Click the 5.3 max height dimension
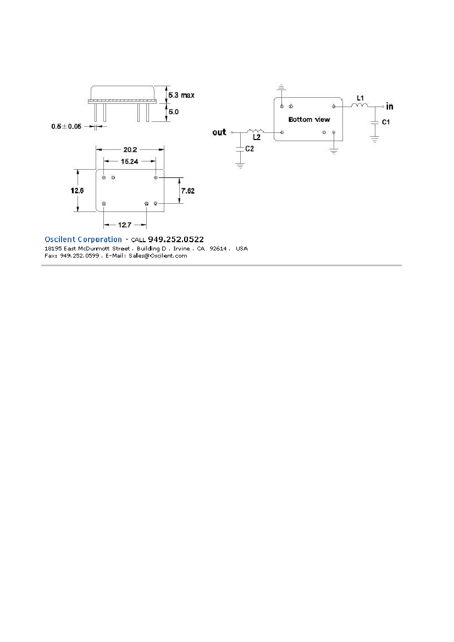coord(181,95)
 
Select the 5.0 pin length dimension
coord(174,112)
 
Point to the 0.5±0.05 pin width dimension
coord(67,126)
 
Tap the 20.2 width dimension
coord(130,150)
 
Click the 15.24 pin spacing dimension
coord(130,161)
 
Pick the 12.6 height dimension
coord(77,191)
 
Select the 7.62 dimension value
coord(188,191)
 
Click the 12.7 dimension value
coord(125,225)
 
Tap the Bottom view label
coord(309,120)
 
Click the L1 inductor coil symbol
coord(359,105)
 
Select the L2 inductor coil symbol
coord(256,131)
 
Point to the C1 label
coord(386,122)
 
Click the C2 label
coord(250,149)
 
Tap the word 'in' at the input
coord(390,107)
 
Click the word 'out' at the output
coord(219,132)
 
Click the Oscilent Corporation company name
coord(83,239)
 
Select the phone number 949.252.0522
coord(176,239)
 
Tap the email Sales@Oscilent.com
coord(158,256)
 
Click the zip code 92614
coord(218,249)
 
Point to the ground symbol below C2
coord(240,165)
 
